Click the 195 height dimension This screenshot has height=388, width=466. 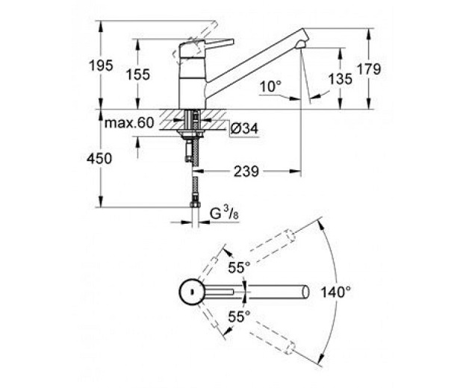pyautogui.click(x=101, y=66)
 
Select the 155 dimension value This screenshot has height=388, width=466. pyautogui.click(x=138, y=75)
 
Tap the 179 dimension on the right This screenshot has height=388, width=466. pyautogui.click(x=368, y=69)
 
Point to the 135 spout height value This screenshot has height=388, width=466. pyautogui.click(x=341, y=79)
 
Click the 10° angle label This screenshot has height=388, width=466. pyautogui.click(x=270, y=87)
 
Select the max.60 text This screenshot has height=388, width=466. pyautogui.click(x=130, y=122)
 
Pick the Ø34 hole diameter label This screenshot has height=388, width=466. pyautogui.click(x=244, y=129)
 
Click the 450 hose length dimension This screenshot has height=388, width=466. pyautogui.click(x=99, y=158)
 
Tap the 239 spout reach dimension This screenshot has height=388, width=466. pyautogui.click(x=246, y=172)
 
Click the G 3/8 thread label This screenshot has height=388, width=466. pyautogui.click(x=224, y=213)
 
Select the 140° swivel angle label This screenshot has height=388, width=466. pyautogui.click(x=336, y=292)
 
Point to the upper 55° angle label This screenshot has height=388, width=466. pyautogui.click(x=239, y=267)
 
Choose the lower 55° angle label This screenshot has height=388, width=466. pyautogui.click(x=239, y=316)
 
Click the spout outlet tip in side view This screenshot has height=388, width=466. pyautogui.click(x=301, y=46)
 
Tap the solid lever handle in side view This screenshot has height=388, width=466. pyautogui.click(x=220, y=43)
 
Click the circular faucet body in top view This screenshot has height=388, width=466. pyautogui.click(x=192, y=292)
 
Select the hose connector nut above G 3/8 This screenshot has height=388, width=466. pyautogui.click(x=195, y=204)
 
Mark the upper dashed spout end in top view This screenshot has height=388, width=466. pyautogui.click(x=290, y=236)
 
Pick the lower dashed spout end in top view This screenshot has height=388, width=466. pyautogui.click(x=290, y=348)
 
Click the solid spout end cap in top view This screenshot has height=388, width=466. pyautogui.click(x=306, y=292)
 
